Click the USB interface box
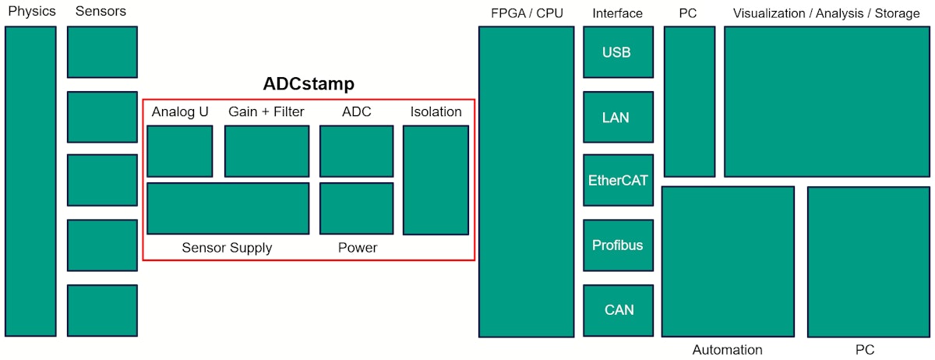click(x=618, y=52)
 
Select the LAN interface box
click(x=618, y=118)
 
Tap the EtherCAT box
click(x=618, y=180)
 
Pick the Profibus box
click(x=618, y=245)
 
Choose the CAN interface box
click(x=618, y=310)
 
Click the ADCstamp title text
click(x=309, y=84)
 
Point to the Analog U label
click(x=180, y=111)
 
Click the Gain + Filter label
click(x=266, y=111)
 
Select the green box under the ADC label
click(x=356, y=151)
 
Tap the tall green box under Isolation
click(x=436, y=180)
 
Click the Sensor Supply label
click(x=227, y=248)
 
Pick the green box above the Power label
click(x=356, y=208)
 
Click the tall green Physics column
click(x=30, y=181)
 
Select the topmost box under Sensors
click(x=102, y=52)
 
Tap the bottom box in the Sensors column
click(x=102, y=310)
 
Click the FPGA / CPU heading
click(x=527, y=13)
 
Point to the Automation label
click(x=727, y=350)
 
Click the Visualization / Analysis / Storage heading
click(x=826, y=13)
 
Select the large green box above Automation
click(x=728, y=261)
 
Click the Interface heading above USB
click(x=617, y=13)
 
